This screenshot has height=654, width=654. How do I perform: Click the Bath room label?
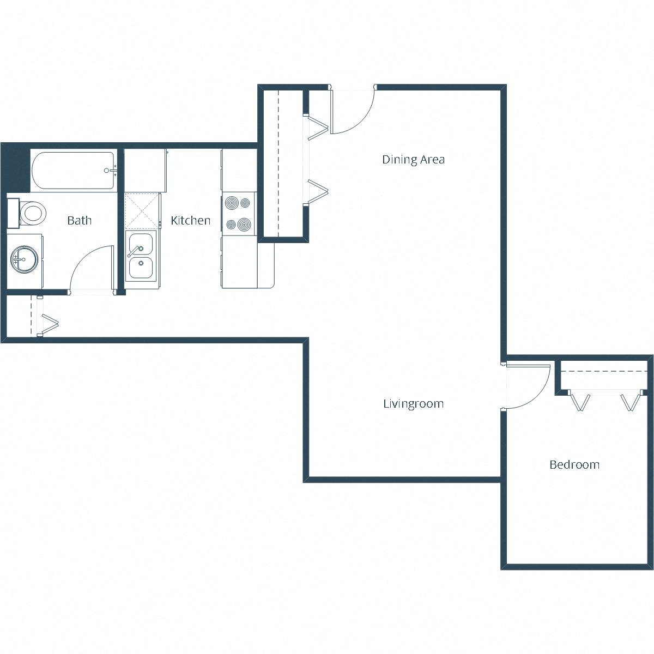(x=79, y=221)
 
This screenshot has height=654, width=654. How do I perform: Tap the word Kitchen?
(x=190, y=221)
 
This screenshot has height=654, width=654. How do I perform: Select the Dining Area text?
(x=413, y=160)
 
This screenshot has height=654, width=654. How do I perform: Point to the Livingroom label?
(x=413, y=404)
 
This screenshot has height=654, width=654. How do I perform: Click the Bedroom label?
(x=574, y=465)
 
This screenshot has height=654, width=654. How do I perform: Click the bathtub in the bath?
(x=73, y=171)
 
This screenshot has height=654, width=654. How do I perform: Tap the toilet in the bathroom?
(x=31, y=213)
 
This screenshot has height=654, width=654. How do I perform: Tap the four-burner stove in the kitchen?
(x=239, y=214)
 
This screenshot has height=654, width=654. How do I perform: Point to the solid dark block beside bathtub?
(x=15, y=167)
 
